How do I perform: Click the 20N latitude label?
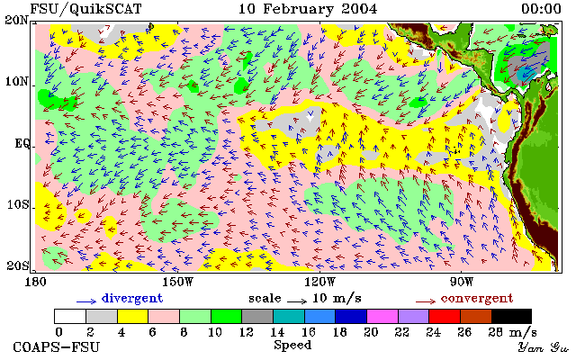[x=17, y=20]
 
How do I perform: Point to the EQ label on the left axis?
[x=22, y=143]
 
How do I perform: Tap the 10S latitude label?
[x=18, y=204]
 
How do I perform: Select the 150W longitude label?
[x=178, y=282]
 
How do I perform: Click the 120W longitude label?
[x=319, y=282]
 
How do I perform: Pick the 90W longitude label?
[x=462, y=282]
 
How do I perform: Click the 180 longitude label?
[x=36, y=282]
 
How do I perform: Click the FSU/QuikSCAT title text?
[x=85, y=9]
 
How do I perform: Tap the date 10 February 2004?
[x=308, y=9]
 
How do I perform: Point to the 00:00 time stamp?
[x=541, y=9]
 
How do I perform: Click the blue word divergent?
[x=132, y=299]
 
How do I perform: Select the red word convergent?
[x=477, y=299]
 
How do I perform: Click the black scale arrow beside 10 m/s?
[x=297, y=301]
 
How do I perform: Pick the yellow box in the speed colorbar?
[x=133, y=316]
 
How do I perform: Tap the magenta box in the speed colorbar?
[x=382, y=316]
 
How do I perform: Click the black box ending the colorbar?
[x=511, y=316]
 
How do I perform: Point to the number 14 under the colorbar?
[x=277, y=331]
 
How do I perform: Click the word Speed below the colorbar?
[x=292, y=346]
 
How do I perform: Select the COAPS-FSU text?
[x=57, y=346]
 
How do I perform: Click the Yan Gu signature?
[x=543, y=347]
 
